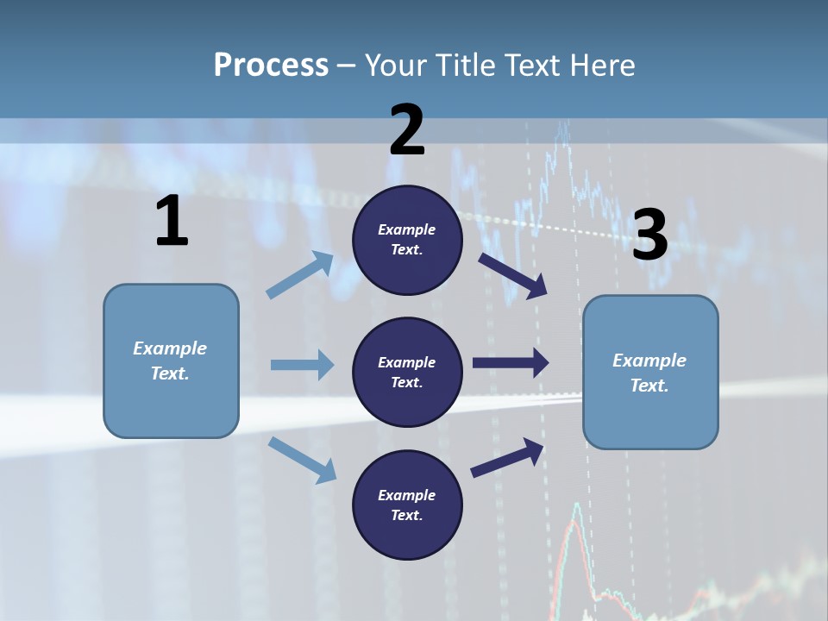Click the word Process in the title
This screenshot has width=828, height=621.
coord(271,65)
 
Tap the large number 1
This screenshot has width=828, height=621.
coord(172,221)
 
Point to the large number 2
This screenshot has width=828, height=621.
coord(407,130)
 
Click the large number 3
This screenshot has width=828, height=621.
coord(649,235)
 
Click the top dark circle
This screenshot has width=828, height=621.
coord(407,240)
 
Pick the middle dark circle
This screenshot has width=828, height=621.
coord(407,372)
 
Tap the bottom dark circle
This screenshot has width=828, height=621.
coord(407,505)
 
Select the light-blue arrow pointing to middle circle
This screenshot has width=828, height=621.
coord(302,365)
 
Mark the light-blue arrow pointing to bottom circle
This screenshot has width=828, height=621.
coord(303,460)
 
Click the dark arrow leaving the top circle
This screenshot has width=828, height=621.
coord(512,275)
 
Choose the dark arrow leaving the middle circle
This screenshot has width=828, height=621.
coord(511,363)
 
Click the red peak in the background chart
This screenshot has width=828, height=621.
coord(575,517)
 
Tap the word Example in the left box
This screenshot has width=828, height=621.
coord(170,348)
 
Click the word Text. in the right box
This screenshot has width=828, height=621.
coord(649,386)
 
